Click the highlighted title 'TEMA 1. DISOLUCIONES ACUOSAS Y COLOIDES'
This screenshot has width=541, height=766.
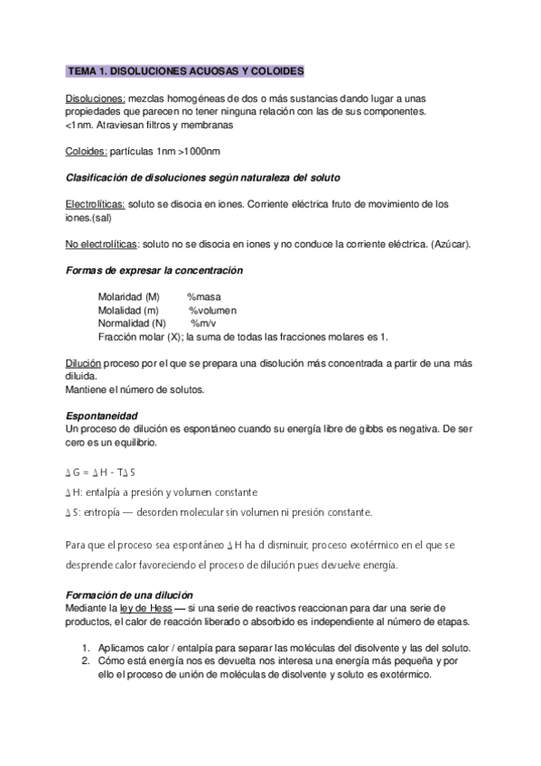pyautogui.click(x=185, y=70)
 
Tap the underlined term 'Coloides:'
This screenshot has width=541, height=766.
pyautogui.click(x=88, y=151)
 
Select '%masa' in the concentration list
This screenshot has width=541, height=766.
pyautogui.click(x=204, y=297)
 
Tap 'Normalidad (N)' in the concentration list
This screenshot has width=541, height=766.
pyautogui.click(x=131, y=322)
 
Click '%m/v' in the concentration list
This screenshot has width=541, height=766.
pyautogui.click(x=203, y=322)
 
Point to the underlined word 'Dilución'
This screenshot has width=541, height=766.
pyautogui.click(x=84, y=362)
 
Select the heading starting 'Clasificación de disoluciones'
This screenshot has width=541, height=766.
pyautogui.click(x=203, y=176)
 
